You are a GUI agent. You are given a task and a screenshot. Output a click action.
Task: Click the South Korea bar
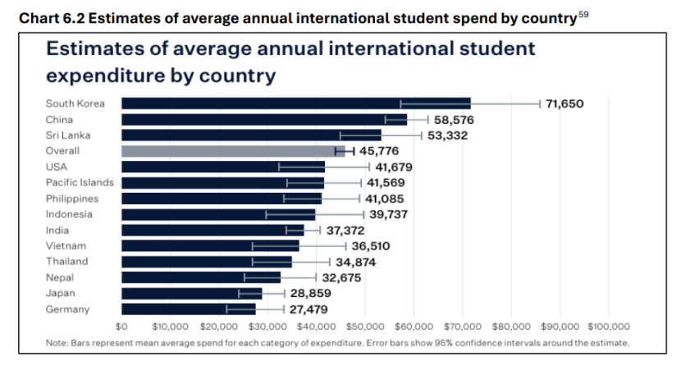[x=295, y=103]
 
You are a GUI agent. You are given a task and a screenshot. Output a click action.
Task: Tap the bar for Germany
[x=188, y=309]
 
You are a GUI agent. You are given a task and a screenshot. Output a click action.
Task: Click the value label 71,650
[x=564, y=103]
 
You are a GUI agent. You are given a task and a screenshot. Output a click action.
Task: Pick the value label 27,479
[x=308, y=309]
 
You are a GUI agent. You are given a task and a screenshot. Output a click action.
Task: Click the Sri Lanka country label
[x=68, y=135]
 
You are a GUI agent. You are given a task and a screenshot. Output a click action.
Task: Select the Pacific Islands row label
[x=80, y=182]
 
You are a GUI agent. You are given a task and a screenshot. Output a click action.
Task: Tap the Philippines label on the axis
[x=72, y=199]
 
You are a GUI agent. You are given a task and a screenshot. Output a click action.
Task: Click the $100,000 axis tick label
[x=607, y=324]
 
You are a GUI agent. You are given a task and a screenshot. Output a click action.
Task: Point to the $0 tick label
[x=122, y=324]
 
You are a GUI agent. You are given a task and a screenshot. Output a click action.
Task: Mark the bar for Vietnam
[x=210, y=246]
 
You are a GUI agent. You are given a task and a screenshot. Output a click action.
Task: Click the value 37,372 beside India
[x=345, y=231]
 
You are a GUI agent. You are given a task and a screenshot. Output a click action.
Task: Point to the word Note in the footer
[x=57, y=342]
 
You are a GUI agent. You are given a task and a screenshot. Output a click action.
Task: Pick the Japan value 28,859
[x=309, y=293]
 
